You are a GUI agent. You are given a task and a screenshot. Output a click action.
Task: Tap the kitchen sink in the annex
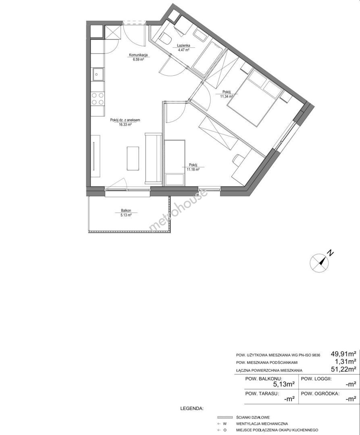point(98,74)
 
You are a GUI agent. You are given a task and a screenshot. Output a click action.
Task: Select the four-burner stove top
point(98,99)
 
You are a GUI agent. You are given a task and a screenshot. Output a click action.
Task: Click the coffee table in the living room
point(133,158)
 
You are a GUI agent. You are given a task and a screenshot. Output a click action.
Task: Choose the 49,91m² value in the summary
point(343,354)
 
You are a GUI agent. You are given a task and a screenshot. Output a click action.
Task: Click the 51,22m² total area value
point(343,369)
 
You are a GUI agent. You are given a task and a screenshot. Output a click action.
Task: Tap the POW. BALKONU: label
point(264,379)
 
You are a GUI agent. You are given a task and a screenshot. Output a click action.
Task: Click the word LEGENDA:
point(192,409)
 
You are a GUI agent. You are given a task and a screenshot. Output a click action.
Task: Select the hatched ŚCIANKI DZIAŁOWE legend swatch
point(225,417)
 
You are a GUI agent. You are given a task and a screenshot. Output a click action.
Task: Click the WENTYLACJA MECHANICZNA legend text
point(262,424)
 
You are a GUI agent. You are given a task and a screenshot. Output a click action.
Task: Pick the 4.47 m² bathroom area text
point(183,50)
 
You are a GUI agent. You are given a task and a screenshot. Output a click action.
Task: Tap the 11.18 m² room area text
point(193,170)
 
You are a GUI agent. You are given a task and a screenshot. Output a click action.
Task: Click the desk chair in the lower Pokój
point(239,159)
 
